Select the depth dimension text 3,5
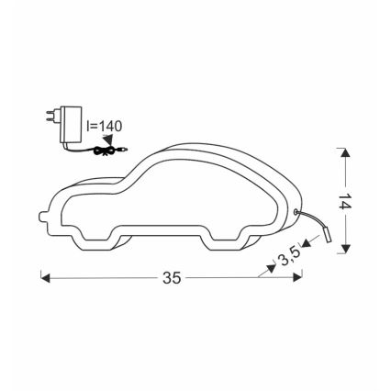(x=291, y=253)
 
